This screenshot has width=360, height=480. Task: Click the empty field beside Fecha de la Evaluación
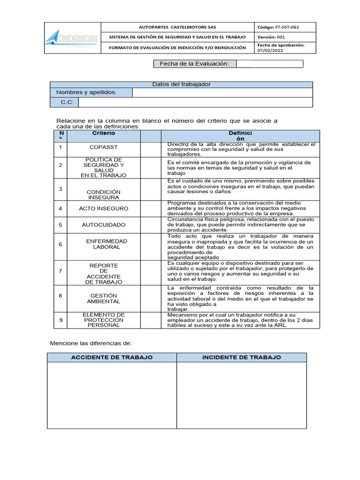coord(270,64)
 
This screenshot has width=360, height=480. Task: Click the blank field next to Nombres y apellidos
coord(222,93)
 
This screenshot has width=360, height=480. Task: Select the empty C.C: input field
coord(195,102)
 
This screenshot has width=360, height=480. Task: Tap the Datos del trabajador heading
coord(181,84)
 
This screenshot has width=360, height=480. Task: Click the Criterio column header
coord(104,134)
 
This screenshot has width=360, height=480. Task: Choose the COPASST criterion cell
coord(104,148)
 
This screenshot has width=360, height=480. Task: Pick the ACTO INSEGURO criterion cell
coord(104,208)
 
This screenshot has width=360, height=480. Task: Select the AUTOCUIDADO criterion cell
coord(104,225)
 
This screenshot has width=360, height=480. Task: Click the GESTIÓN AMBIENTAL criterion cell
coord(104,298)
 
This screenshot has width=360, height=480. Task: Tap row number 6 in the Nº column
coord(60,244)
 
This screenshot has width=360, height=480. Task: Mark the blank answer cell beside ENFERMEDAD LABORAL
coord(150,244)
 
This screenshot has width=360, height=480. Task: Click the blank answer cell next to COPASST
coord(150,148)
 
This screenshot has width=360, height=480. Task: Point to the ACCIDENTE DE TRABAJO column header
coord(112,358)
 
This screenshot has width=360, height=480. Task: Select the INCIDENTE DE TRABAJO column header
coord(241,358)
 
